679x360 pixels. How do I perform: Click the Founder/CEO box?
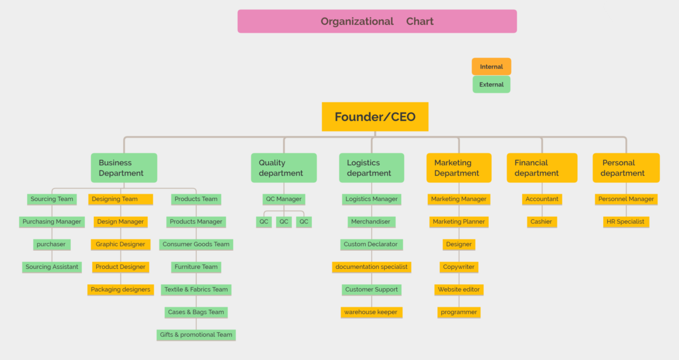375,117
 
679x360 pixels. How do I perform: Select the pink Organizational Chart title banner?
377,22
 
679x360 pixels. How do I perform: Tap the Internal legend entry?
491,67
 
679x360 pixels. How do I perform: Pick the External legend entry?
491,84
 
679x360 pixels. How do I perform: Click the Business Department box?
124,168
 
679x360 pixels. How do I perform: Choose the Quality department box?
283,168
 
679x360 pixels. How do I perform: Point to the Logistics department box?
371,168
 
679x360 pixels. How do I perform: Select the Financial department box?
542,168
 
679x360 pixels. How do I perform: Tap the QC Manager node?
284,199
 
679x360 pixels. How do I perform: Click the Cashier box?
542,222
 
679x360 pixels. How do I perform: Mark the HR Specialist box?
625,222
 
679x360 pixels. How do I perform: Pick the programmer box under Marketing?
459,312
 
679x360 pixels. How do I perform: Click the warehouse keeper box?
371,312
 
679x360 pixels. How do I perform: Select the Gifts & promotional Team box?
196,335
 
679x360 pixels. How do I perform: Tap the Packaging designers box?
121,290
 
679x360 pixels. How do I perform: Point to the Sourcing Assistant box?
52,267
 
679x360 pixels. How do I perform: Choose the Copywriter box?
459,267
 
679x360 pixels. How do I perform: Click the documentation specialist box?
371,267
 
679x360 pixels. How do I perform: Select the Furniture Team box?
196,267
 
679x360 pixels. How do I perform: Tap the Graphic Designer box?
121,245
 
